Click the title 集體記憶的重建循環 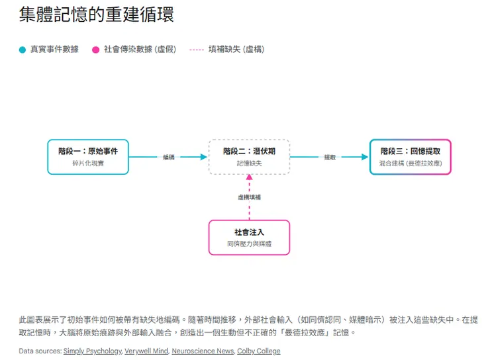pyautogui.click(x=97, y=15)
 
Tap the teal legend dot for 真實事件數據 pyautogui.click(x=23, y=50)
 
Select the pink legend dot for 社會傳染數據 pyautogui.click(x=96, y=50)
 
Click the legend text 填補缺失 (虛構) pyautogui.click(x=236, y=50)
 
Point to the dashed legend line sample pyautogui.click(x=196, y=50)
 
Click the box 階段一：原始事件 pyautogui.click(x=88, y=157)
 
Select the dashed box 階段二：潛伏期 pyautogui.click(x=249, y=157)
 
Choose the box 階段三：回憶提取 pyautogui.click(x=411, y=157)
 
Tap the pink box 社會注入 pyautogui.click(x=249, y=238)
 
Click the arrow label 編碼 pyautogui.click(x=169, y=157)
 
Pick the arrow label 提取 pyautogui.click(x=330, y=157)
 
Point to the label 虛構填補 pyautogui.click(x=249, y=197)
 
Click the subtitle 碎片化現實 pyautogui.click(x=88, y=163)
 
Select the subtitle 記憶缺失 pyautogui.click(x=249, y=163)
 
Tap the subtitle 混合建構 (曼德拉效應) pyautogui.click(x=411, y=163)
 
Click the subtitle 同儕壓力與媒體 pyautogui.click(x=249, y=244)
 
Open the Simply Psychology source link pyautogui.click(x=92, y=351)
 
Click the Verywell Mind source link pyautogui.click(x=146, y=351)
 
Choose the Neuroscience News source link pyautogui.click(x=202, y=351)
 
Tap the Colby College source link pyautogui.click(x=258, y=351)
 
